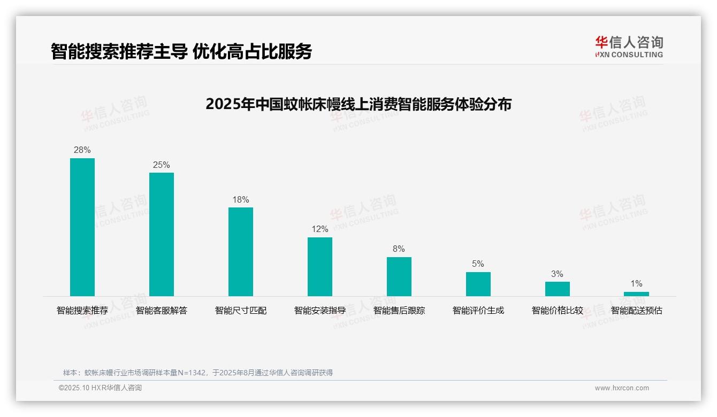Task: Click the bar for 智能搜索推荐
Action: (x=82, y=227)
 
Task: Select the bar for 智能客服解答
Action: (x=162, y=234)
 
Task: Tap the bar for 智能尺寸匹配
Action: (x=241, y=251)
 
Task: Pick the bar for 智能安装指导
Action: (x=320, y=266)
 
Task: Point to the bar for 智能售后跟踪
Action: (x=399, y=276)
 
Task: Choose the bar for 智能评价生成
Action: (x=478, y=284)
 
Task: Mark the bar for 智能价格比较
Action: (x=558, y=289)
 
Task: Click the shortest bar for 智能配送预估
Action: (x=636, y=294)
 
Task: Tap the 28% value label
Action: (x=82, y=150)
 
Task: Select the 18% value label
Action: (x=241, y=200)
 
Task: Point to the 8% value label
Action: (x=399, y=249)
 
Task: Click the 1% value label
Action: (x=636, y=284)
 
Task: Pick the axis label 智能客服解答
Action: (x=162, y=311)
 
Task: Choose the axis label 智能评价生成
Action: (x=478, y=311)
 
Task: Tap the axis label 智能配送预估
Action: (x=636, y=311)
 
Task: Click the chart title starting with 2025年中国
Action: (x=358, y=104)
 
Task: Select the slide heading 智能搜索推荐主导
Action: (x=181, y=51)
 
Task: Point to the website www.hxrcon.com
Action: (x=622, y=388)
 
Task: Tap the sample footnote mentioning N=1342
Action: (x=198, y=373)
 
